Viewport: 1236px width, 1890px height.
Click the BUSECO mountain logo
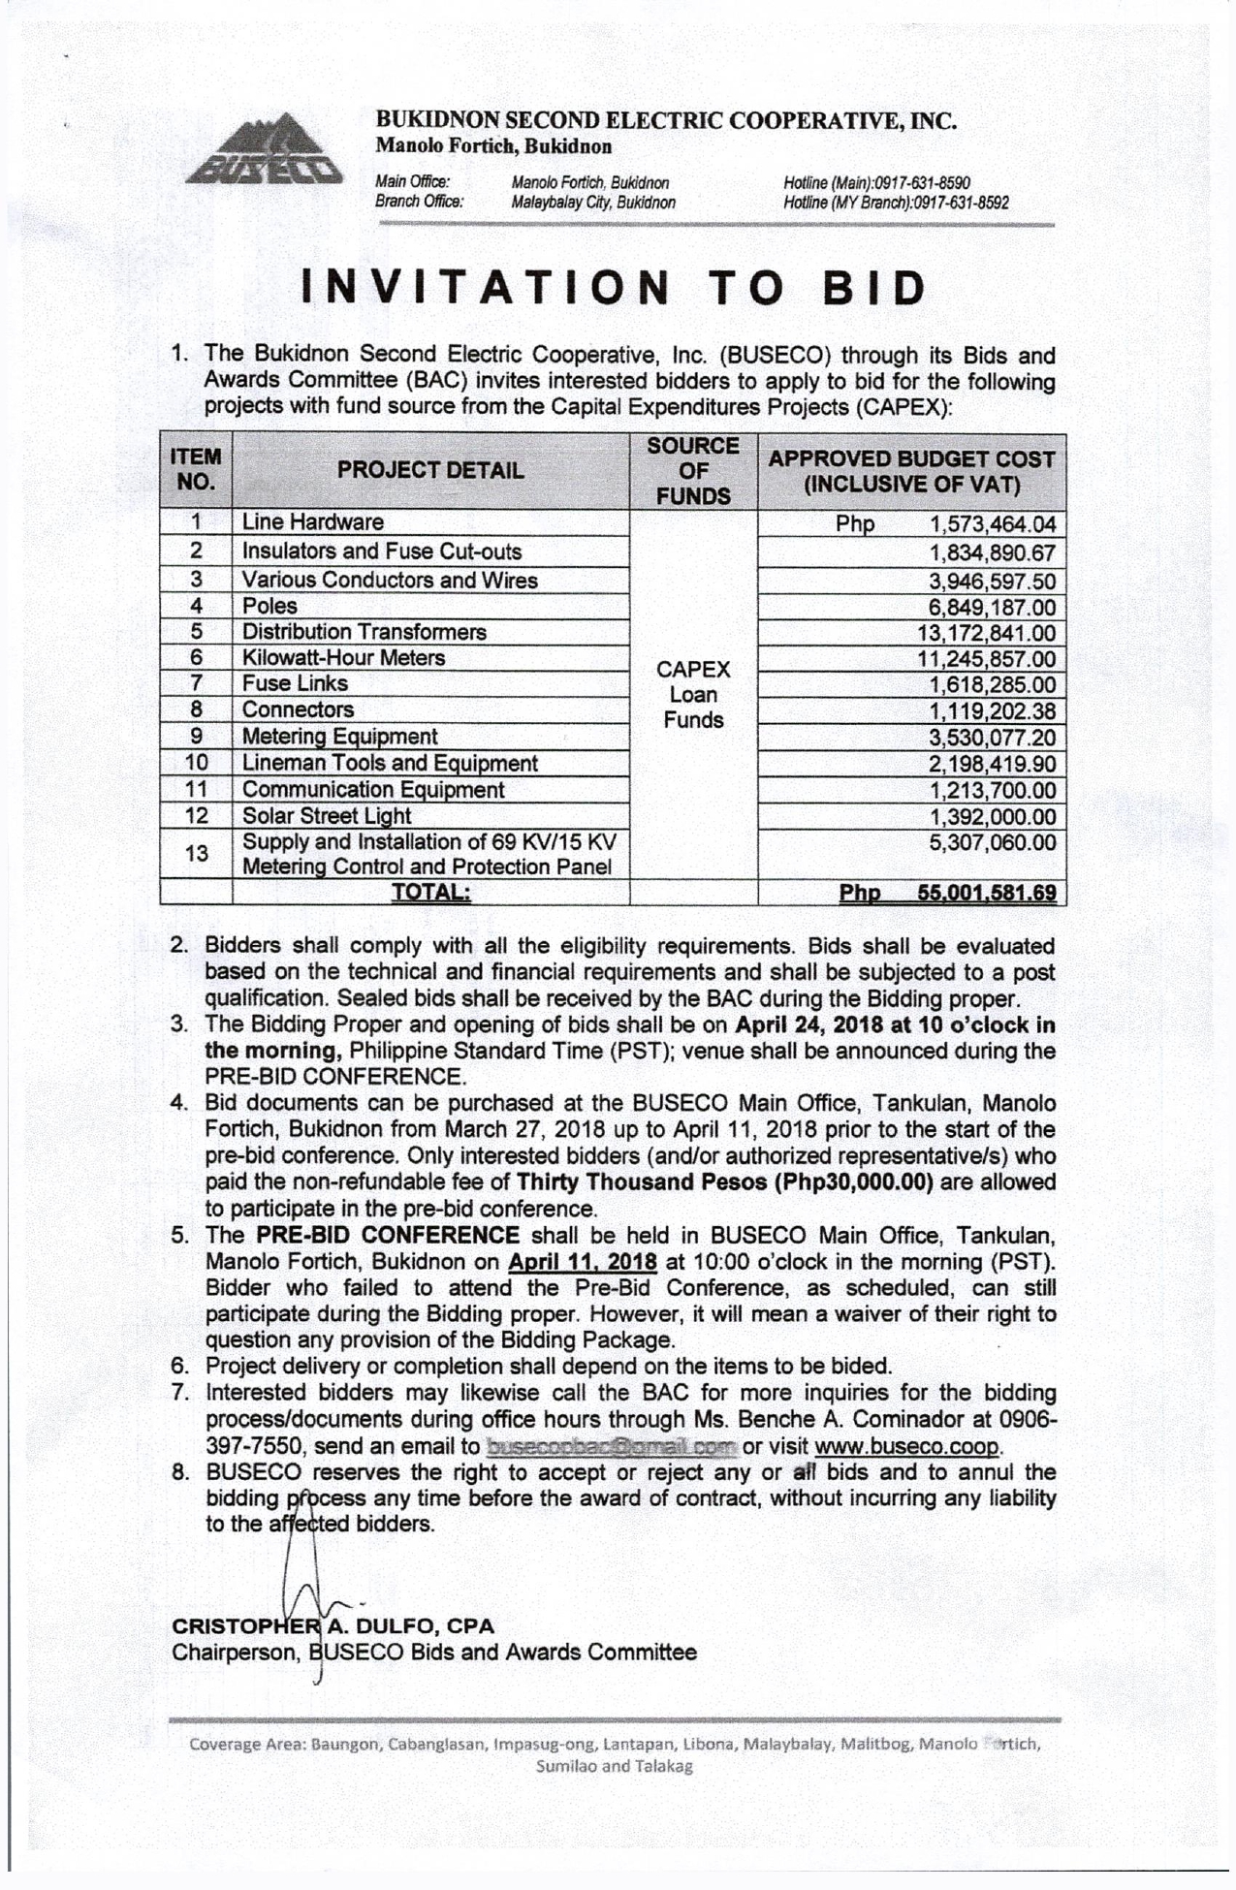pyautogui.click(x=263, y=152)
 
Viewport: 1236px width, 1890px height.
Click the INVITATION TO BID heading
pyautogui.click(x=615, y=288)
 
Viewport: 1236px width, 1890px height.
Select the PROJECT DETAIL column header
pyautogui.click(x=430, y=471)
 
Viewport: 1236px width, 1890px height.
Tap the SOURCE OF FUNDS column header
pyautogui.click(x=693, y=471)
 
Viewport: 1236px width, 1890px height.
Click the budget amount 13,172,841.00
pyautogui.click(x=987, y=634)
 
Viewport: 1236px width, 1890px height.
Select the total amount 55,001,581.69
pyautogui.click(x=987, y=893)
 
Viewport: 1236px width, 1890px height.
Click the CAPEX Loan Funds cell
pyautogui.click(x=693, y=694)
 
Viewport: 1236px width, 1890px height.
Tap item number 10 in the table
pyautogui.click(x=196, y=763)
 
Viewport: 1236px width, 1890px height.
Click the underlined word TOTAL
pyautogui.click(x=430, y=892)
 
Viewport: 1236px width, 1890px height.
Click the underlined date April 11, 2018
pyautogui.click(x=583, y=1262)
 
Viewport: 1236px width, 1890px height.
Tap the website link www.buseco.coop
pyautogui.click(x=906, y=1446)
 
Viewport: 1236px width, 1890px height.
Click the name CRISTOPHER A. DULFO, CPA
pyautogui.click(x=333, y=1625)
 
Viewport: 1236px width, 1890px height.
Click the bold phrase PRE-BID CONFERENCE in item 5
pyautogui.click(x=388, y=1235)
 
